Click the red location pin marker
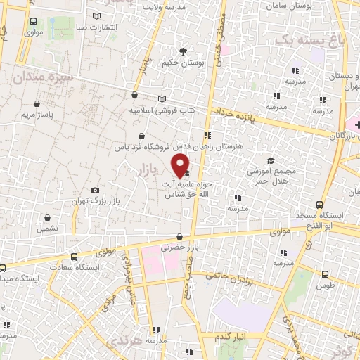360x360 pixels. click(181, 165)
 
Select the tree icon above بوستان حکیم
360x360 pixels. click(184, 51)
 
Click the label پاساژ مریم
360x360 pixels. click(37, 112)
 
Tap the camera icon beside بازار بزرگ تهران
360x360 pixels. click(96, 191)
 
